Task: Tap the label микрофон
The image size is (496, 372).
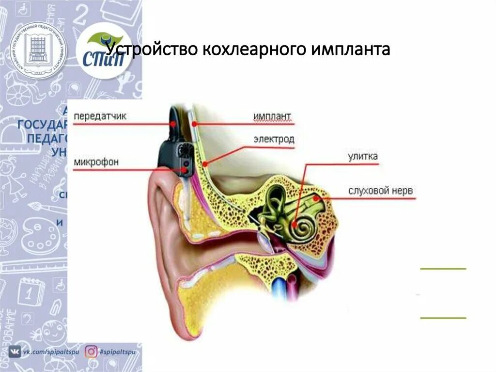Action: tap(96, 162)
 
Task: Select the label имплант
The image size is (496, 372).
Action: tap(272, 116)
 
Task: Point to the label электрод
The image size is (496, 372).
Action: tap(273, 140)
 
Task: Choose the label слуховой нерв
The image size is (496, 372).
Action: tap(380, 191)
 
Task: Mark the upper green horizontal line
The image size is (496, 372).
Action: tap(443, 268)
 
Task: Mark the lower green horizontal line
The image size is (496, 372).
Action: tap(443, 318)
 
